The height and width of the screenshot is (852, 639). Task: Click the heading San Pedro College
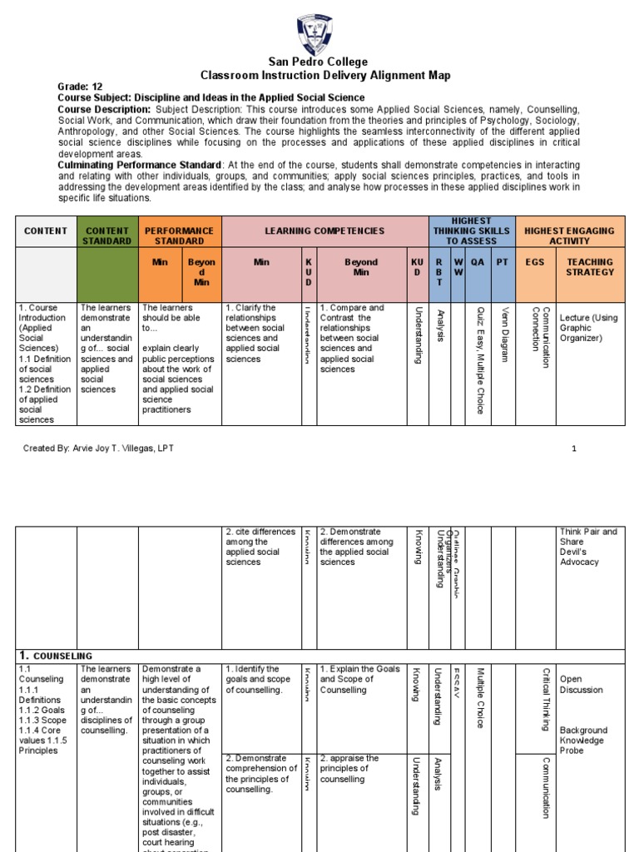317,62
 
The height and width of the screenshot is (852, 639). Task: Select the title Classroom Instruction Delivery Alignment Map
325,76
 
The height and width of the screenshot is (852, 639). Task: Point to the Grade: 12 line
80,87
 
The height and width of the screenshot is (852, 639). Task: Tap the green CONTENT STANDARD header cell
106,235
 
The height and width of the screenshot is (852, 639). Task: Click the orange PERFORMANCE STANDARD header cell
180,235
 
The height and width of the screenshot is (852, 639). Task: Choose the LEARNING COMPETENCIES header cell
324,230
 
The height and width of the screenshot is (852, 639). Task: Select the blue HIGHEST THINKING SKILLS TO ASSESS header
471,231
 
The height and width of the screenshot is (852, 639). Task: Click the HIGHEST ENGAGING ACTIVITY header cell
570,235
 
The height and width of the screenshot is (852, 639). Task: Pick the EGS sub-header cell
536,262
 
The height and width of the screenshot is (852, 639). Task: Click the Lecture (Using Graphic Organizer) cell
588,328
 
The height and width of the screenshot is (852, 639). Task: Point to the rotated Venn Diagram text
503,334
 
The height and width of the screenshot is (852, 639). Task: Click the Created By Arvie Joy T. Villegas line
99,448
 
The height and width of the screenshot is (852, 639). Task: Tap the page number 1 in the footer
573,448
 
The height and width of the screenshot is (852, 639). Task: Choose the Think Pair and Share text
588,537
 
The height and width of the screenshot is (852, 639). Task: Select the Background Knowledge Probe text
583,740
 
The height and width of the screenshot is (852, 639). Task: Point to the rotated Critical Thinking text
546,699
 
